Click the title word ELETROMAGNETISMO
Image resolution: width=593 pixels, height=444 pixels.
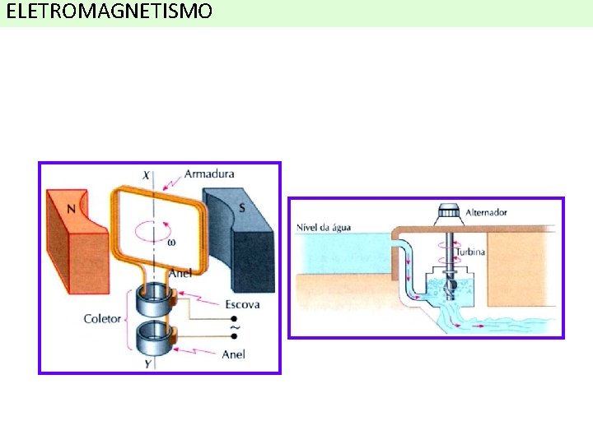109,12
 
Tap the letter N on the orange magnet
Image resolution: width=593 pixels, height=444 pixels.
71,208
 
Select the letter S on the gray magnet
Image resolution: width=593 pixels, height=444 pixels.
241,207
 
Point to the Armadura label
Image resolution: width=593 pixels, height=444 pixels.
209,173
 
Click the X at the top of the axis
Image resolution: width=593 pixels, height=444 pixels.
147,174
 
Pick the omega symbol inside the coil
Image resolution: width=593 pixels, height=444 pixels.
171,242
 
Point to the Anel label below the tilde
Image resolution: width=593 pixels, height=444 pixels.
233,354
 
